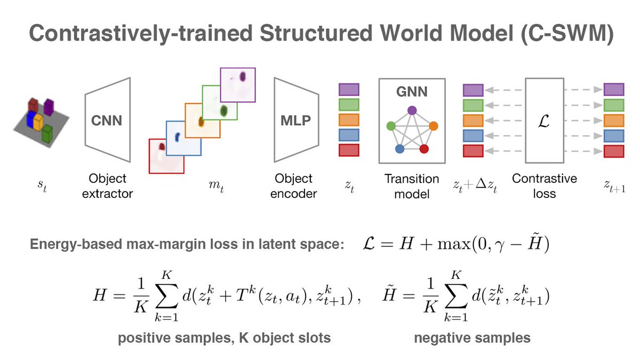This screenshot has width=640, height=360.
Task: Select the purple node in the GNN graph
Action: (412, 110)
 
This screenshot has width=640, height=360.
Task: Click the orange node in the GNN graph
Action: (433, 126)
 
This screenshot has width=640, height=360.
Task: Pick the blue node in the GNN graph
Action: (399, 149)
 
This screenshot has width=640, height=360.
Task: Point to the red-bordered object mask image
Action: (166, 156)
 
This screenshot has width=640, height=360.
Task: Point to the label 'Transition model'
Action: (412, 186)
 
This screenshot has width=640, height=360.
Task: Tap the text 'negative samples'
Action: (473, 338)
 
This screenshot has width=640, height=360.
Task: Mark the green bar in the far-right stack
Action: (614, 105)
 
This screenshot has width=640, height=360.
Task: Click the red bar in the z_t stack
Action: (349, 150)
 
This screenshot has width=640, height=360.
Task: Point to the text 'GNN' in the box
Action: (412, 92)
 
